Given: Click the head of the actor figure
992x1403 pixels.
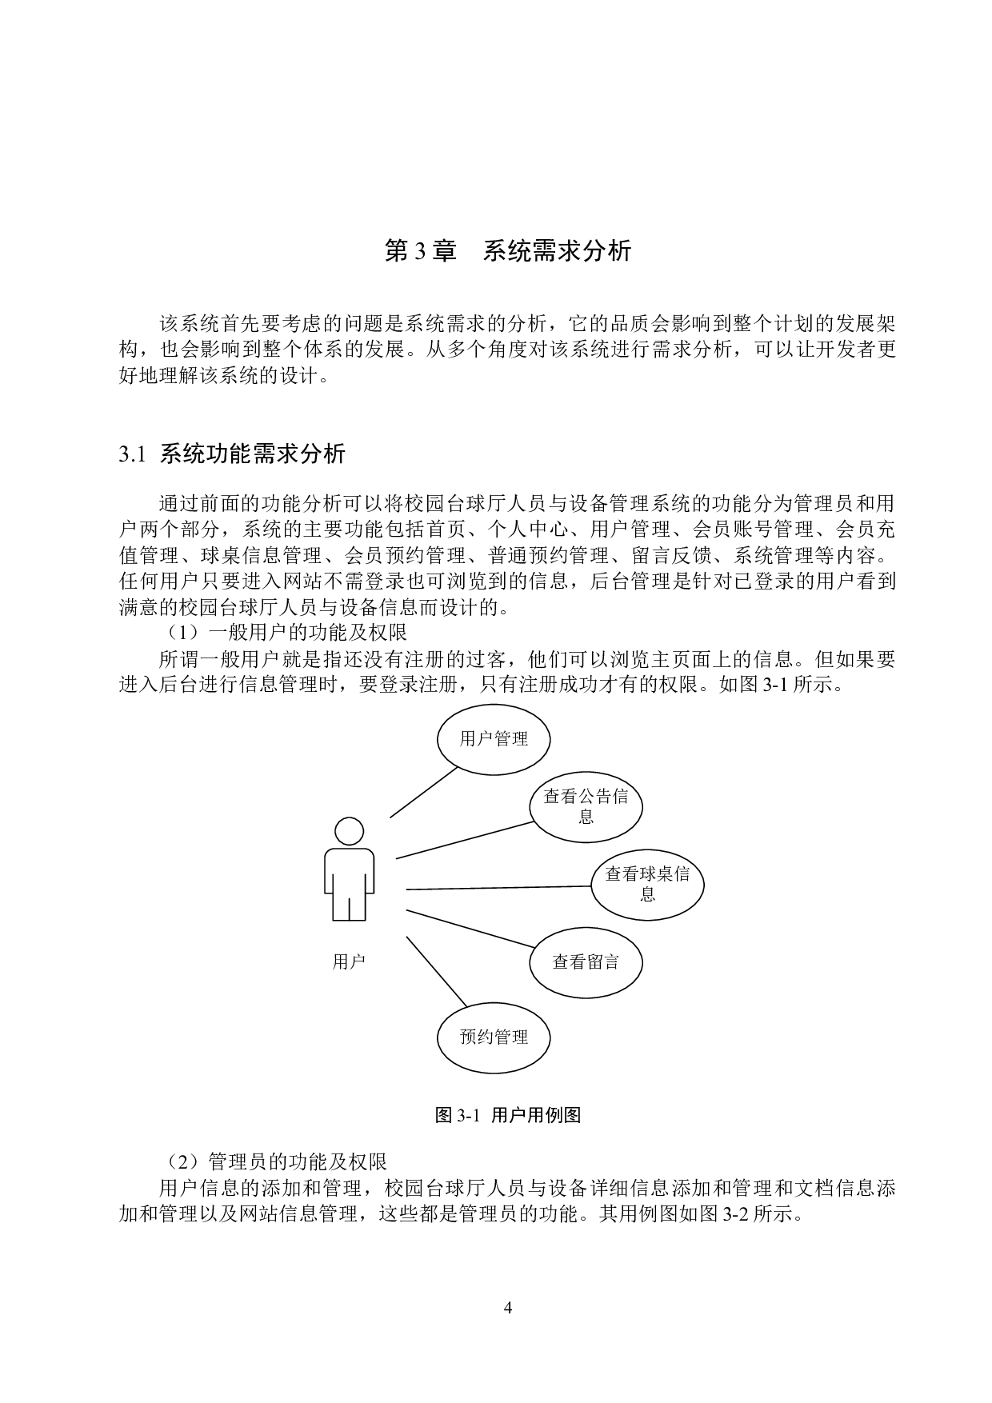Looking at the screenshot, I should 349,831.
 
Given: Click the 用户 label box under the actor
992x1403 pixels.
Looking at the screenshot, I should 349,962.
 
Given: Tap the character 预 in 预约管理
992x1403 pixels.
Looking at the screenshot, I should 468,1037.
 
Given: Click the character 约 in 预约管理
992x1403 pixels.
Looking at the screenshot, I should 486,1037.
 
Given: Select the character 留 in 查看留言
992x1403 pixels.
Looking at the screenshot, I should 594,962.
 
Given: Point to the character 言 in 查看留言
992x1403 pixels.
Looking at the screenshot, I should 612,962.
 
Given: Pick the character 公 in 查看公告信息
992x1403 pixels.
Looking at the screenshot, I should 586,797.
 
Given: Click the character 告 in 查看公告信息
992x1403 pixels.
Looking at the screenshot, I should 603,797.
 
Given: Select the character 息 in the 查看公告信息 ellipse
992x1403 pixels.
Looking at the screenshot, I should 586,817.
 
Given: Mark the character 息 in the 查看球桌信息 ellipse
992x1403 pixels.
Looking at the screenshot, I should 648,894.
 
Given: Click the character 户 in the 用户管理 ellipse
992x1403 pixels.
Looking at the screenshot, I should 486,739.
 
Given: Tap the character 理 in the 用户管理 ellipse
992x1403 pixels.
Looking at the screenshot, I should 520,739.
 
